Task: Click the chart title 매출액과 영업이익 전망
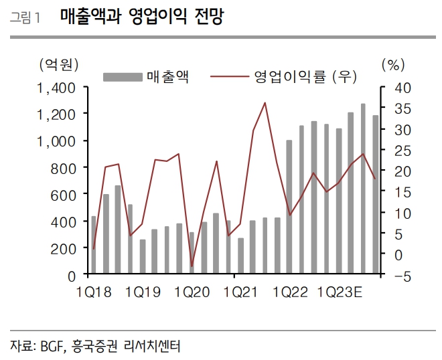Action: click(141, 17)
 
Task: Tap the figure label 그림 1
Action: click(25, 19)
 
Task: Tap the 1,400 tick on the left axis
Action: click(56, 88)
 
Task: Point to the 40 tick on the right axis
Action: click(394, 88)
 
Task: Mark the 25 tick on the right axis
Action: click(394, 151)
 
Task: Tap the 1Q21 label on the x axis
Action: click(241, 292)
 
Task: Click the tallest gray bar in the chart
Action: click(363, 189)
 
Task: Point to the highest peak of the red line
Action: click(265, 102)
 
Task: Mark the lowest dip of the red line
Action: click(192, 266)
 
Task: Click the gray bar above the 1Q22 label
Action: click(289, 207)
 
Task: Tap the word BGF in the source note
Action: click(52, 346)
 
